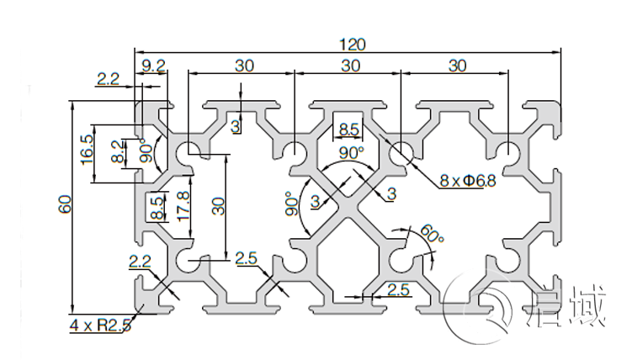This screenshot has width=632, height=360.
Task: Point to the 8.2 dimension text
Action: coord(118,151)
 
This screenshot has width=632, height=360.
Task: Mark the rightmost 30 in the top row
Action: coord(457,65)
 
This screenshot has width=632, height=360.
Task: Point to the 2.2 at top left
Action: coord(108,80)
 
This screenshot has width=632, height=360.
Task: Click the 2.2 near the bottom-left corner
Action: coord(139,262)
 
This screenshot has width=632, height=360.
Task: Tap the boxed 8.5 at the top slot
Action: coord(348,130)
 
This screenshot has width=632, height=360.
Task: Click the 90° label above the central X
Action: coord(351,152)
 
